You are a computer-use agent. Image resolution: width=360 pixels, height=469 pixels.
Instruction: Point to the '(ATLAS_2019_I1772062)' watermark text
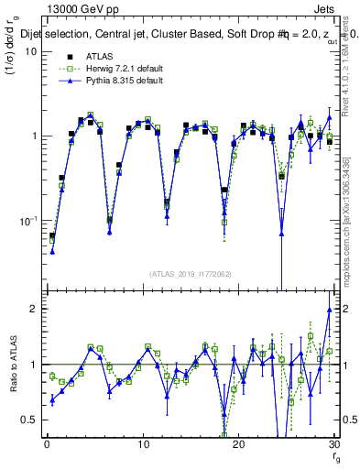click(190, 274)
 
